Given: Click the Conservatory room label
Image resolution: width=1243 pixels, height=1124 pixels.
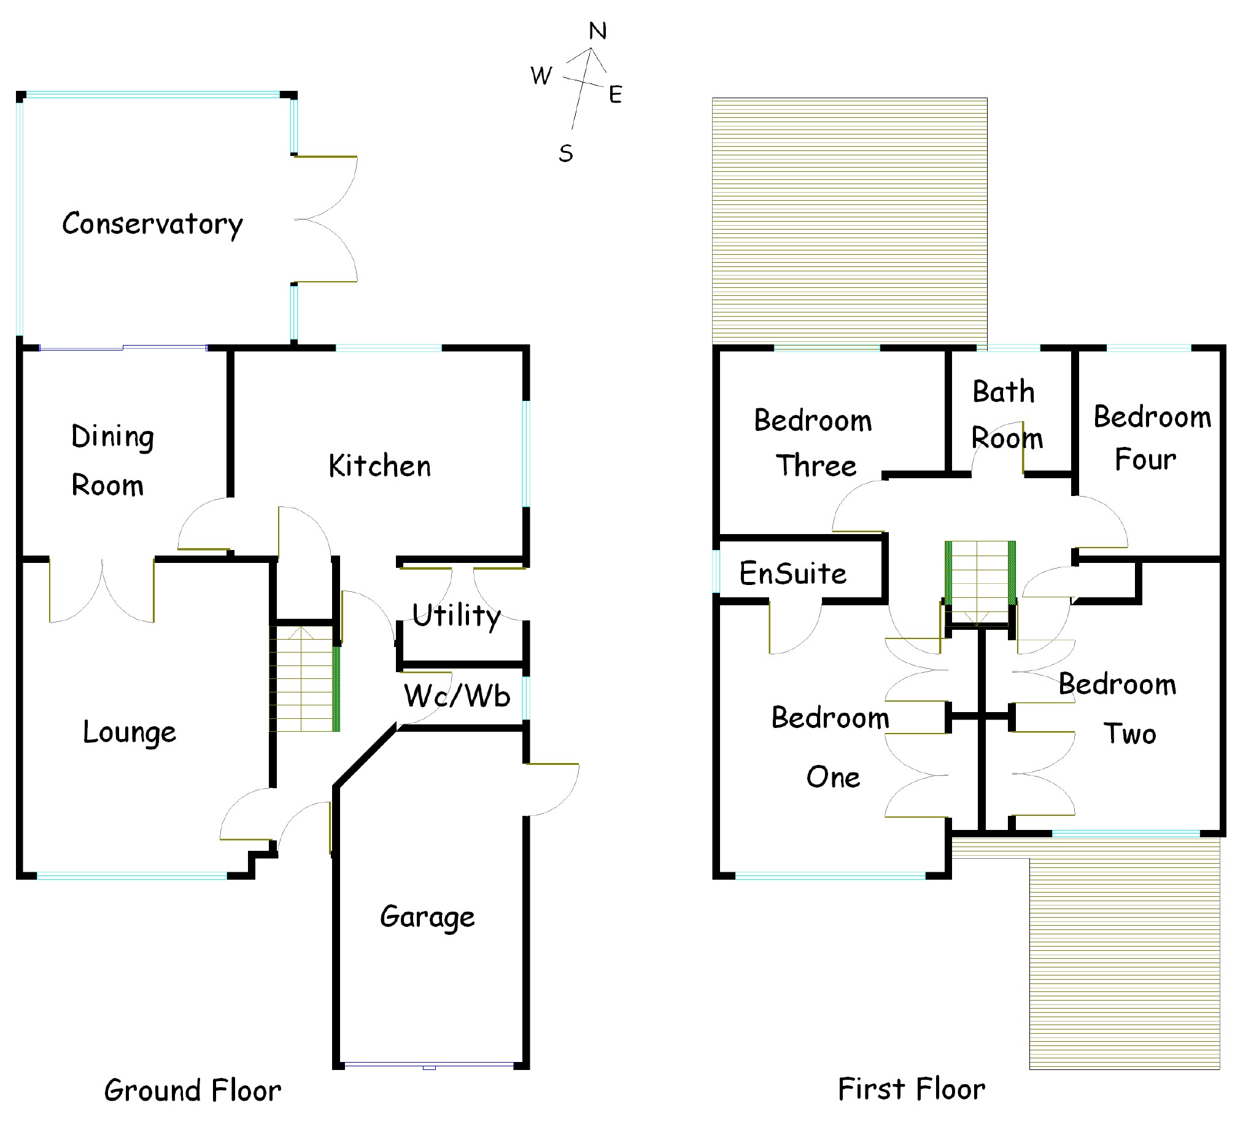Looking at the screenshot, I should coord(152,224).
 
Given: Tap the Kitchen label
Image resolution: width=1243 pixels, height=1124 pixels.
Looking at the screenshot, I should coord(379,466).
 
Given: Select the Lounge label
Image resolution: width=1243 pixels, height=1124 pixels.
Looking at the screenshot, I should coord(130,732).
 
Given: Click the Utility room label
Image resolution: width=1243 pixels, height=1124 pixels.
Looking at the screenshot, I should coord(456,615).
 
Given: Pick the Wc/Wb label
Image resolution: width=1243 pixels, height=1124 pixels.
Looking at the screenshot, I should coord(457,696).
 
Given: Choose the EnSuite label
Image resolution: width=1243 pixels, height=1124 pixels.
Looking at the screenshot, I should coord(793,573).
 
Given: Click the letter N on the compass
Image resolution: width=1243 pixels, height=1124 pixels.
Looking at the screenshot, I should coord(597,31).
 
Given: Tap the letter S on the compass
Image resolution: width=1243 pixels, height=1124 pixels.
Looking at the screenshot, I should coord(565,153).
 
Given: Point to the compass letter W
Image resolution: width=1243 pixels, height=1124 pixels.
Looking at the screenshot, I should coord(541,76).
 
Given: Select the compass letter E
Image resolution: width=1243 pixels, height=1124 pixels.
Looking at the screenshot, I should coord(614,95).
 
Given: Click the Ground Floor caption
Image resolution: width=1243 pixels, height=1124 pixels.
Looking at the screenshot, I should coord(192,1091).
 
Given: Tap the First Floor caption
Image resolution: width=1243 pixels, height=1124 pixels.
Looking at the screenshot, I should coord(912,1089).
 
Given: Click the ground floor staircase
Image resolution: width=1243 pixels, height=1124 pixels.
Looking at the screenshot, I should coord(304,678).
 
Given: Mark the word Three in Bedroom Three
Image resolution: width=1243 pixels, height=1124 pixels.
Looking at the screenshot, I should coord(816,465).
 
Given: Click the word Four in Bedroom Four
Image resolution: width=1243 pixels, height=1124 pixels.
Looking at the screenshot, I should coord(1145,459).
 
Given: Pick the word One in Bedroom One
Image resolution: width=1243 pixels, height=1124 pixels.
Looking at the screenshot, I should coord(833,777).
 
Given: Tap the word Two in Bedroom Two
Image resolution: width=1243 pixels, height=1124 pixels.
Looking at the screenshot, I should coord(1129,734).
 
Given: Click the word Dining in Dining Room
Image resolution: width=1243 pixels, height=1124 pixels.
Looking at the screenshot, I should coord(112,436).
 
